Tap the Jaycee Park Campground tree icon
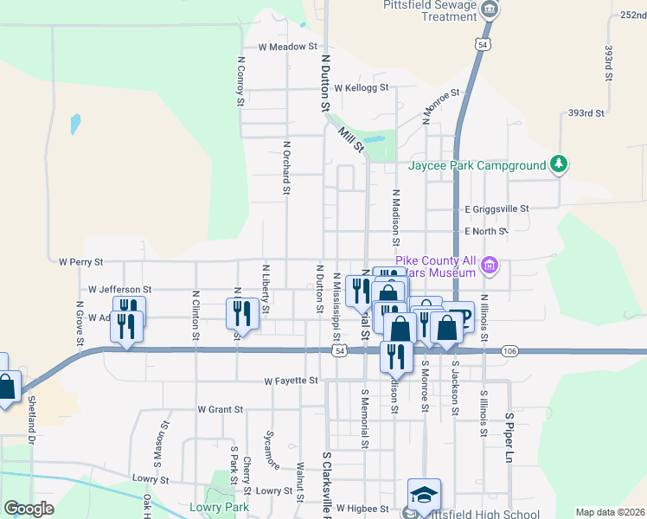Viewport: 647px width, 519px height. (x=560, y=163)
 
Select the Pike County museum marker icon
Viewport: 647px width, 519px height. (x=490, y=264)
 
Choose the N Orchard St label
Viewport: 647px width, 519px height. (x=285, y=164)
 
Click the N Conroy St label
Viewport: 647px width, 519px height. (x=240, y=82)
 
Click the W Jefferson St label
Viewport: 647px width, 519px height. (x=120, y=290)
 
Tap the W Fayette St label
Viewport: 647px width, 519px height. (x=291, y=381)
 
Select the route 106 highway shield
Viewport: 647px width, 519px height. (x=509, y=350)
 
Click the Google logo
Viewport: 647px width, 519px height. (x=29, y=509)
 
